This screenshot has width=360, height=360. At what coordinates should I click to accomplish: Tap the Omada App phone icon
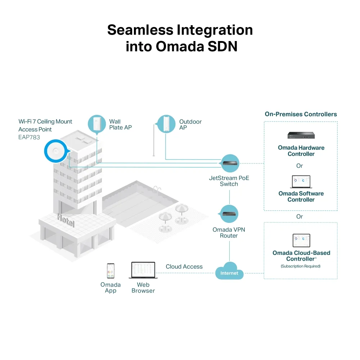[111, 271]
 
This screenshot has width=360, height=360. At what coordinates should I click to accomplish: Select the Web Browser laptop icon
[143, 270]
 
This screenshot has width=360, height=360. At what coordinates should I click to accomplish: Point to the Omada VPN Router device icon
[229, 214]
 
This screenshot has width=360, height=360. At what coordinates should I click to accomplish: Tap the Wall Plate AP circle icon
[97, 123]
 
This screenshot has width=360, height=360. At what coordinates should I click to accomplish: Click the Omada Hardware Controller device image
[301, 135]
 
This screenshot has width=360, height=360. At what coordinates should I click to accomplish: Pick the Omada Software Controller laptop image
[301, 182]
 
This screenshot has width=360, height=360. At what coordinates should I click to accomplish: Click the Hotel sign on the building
[66, 219]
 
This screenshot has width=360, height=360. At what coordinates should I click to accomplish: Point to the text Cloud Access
[184, 267]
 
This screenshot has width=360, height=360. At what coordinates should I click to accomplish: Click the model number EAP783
[29, 137]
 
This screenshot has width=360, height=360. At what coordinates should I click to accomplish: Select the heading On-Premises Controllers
[301, 114]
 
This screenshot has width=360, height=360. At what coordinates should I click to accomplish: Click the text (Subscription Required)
[301, 266]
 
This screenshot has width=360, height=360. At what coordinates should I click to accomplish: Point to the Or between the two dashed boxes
[300, 217]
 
